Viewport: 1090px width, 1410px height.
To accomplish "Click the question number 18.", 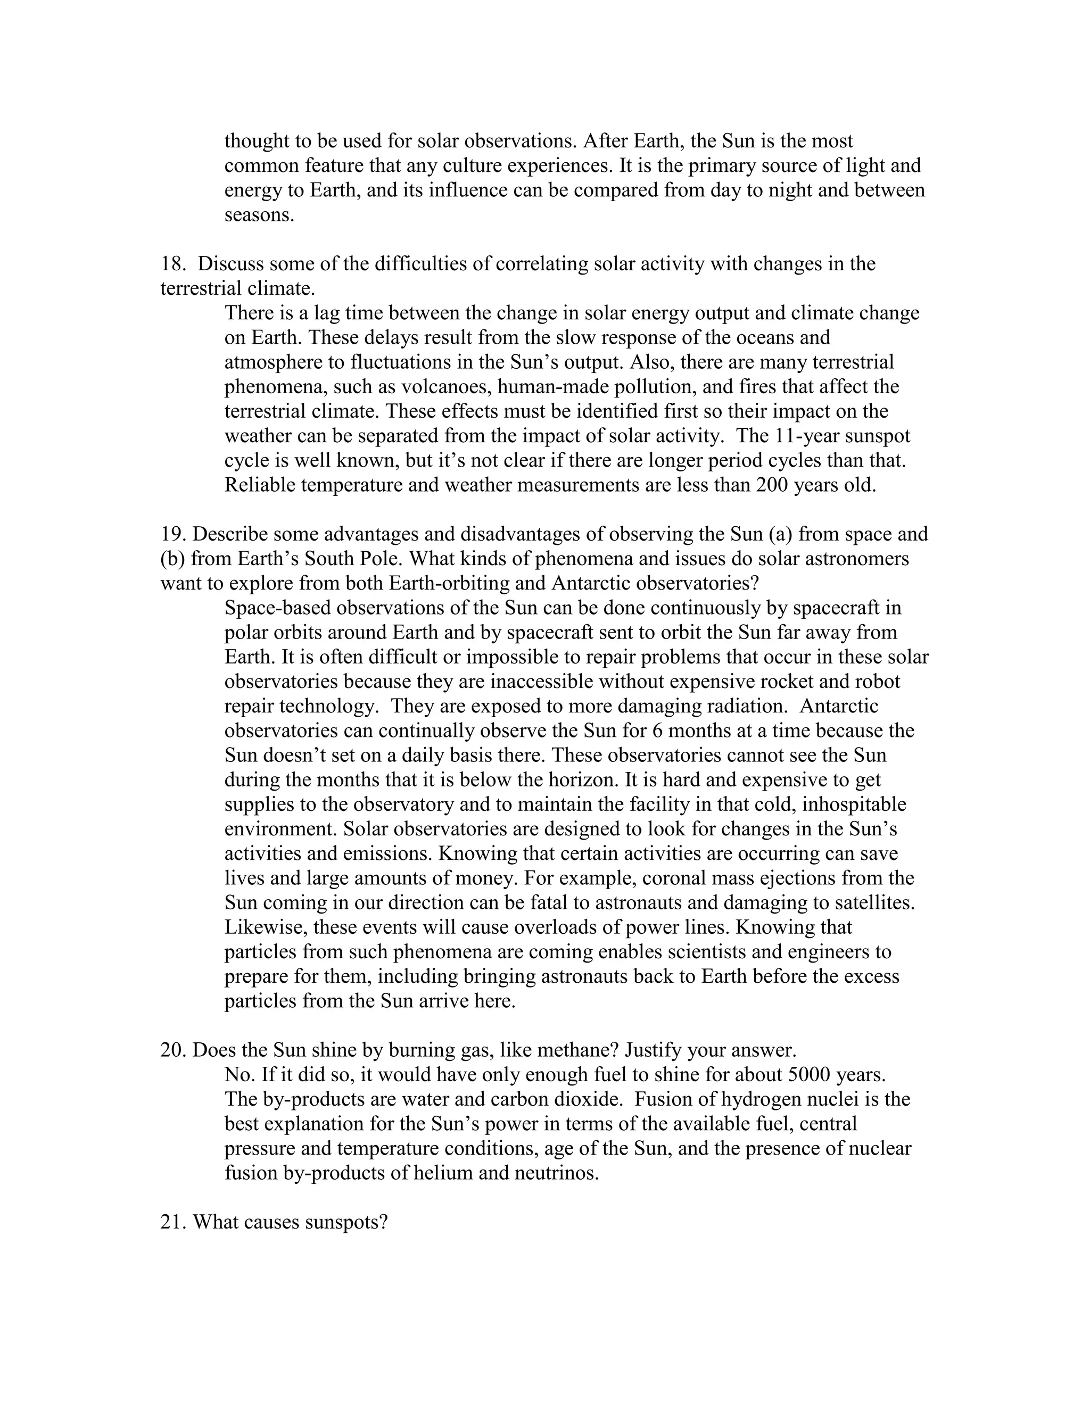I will [x=172, y=264].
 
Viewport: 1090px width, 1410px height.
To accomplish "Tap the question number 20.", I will [x=172, y=1050].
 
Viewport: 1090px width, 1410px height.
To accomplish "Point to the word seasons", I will [x=259, y=215].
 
